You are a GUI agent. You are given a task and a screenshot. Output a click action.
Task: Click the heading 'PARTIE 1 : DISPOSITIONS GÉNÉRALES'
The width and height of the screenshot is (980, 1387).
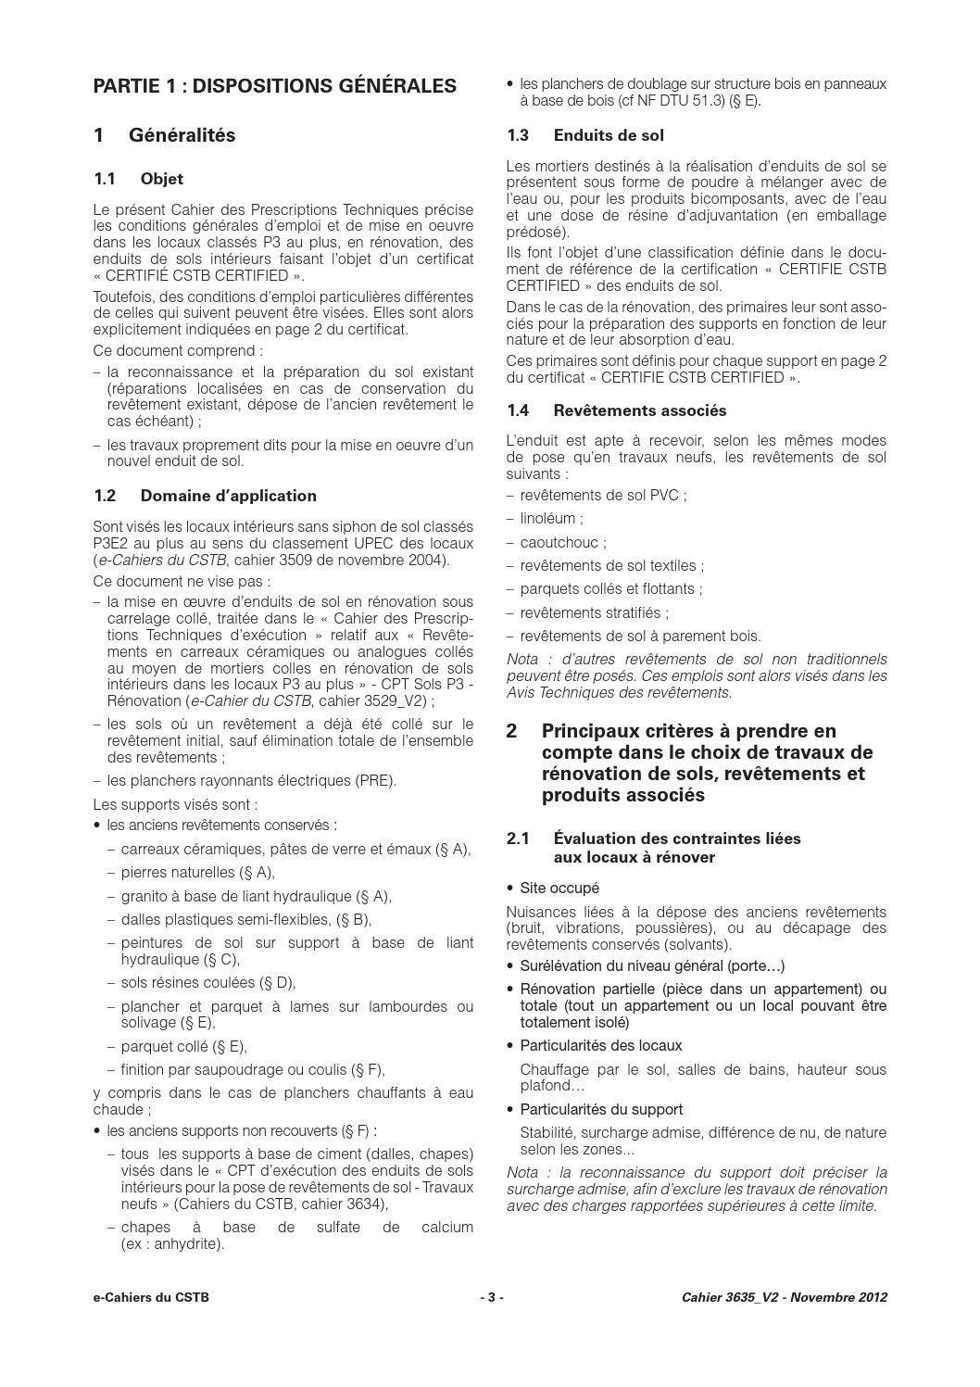pyautogui.click(x=275, y=86)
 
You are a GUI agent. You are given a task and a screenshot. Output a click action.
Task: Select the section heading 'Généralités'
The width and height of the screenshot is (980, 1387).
pyautogui.click(x=182, y=135)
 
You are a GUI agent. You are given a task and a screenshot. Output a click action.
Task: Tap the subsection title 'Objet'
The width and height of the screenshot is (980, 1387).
pyautogui.click(x=162, y=179)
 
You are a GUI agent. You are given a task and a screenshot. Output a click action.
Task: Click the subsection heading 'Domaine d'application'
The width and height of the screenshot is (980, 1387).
pyautogui.click(x=228, y=496)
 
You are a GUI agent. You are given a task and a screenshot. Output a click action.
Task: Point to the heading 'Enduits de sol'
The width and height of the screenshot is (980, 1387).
pyautogui.click(x=609, y=135)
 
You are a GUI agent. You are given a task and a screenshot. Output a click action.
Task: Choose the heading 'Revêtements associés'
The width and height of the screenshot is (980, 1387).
pyautogui.click(x=640, y=410)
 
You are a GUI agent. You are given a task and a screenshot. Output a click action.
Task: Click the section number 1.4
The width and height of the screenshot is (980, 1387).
pyautogui.click(x=519, y=410)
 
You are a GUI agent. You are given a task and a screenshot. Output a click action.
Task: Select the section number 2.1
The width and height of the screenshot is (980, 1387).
pyautogui.click(x=519, y=839)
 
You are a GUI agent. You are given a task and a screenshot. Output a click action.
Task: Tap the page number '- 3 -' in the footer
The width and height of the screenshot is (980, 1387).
pyautogui.click(x=491, y=1297)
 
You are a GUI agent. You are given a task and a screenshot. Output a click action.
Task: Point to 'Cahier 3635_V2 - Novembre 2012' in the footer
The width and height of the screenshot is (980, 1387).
pyautogui.click(x=778, y=1297)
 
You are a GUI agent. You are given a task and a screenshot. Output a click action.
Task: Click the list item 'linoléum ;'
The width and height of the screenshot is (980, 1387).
pyautogui.click(x=551, y=519)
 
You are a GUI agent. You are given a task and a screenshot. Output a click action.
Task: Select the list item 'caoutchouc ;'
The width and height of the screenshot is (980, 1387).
pyautogui.click(x=563, y=543)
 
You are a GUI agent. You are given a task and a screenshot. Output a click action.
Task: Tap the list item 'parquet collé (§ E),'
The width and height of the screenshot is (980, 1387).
pyautogui.click(x=183, y=1046)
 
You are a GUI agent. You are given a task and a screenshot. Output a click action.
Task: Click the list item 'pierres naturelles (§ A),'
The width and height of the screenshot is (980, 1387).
pyautogui.click(x=197, y=872)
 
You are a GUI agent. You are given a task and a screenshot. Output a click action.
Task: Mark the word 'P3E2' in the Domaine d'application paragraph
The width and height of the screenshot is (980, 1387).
pyautogui.click(x=112, y=544)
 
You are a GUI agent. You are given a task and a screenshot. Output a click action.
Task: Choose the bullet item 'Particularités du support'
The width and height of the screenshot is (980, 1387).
pyautogui.click(x=601, y=1109)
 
